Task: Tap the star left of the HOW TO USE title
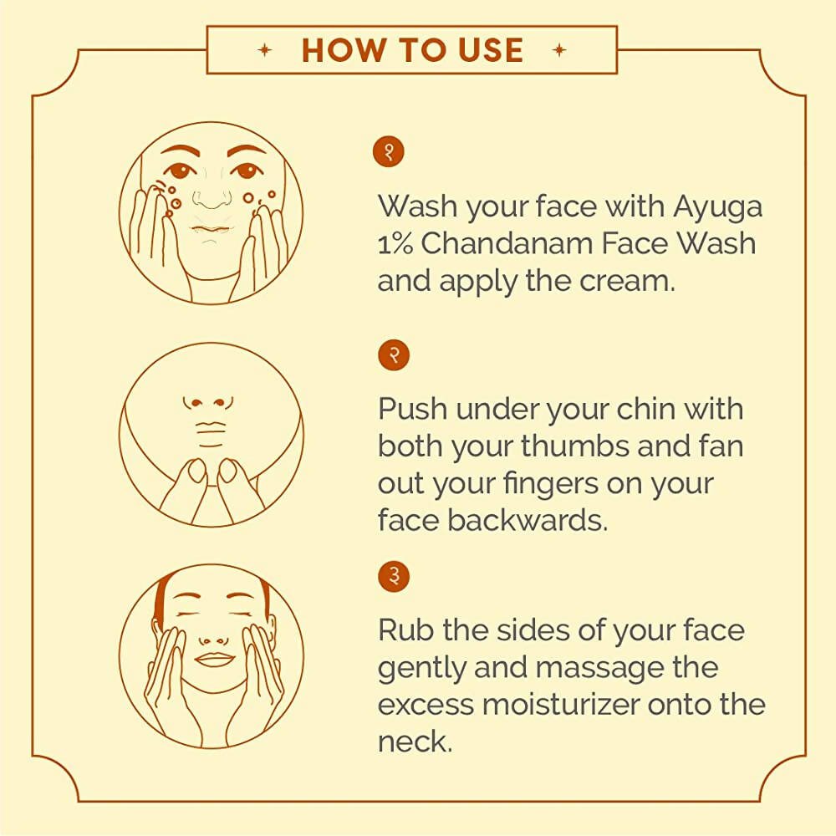pos(266,50)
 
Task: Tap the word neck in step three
pos(415,742)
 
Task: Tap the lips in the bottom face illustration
pos(214,658)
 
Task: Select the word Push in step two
pos(413,410)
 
